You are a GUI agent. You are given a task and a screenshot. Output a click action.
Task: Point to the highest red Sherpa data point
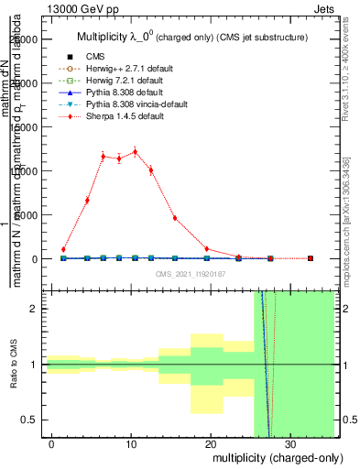(x=135, y=152)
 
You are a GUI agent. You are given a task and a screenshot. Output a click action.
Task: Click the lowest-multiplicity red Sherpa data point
(x=63, y=249)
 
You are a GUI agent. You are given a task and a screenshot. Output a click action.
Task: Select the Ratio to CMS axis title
(x=15, y=364)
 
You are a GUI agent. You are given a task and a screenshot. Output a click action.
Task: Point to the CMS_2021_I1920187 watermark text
(x=191, y=273)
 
